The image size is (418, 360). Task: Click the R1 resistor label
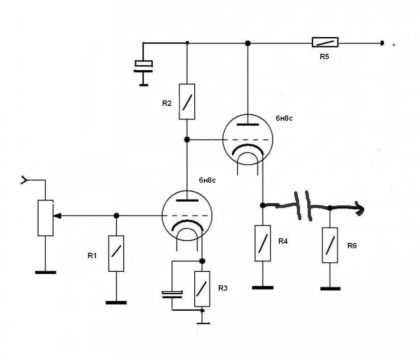point(92,256)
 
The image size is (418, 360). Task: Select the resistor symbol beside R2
point(187,102)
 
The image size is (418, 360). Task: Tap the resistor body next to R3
point(202,289)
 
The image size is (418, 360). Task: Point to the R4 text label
point(283,241)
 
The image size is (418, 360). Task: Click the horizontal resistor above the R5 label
point(325,42)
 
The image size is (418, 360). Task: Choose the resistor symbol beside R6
point(330,245)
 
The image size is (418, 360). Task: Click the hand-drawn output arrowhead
point(360,208)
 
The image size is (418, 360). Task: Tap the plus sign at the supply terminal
point(394,45)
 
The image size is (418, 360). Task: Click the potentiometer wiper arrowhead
point(57,216)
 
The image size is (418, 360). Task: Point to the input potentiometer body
point(46,218)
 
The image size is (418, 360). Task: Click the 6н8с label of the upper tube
point(284,118)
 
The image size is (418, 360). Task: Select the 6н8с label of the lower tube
point(207,180)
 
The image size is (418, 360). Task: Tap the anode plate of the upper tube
point(248,124)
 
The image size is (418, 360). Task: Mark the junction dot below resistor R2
point(187,140)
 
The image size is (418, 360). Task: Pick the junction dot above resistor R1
point(116,216)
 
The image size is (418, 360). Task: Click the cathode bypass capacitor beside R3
point(172,294)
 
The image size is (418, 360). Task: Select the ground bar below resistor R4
point(263,288)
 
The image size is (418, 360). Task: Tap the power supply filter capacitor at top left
point(143,67)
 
